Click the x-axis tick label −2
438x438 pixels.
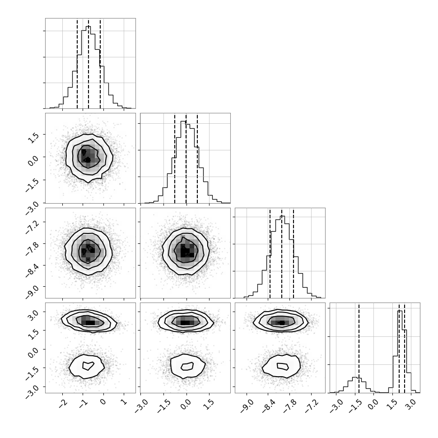(x=61, y=403)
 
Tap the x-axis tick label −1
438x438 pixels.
(x=82, y=403)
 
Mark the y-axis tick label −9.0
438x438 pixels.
(x=34, y=288)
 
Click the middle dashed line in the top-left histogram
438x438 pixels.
(x=89, y=63)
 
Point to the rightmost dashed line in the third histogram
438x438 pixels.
(x=294, y=253)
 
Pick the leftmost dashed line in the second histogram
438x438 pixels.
(x=175, y=158)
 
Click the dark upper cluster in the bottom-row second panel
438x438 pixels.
(x=185, y=322)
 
